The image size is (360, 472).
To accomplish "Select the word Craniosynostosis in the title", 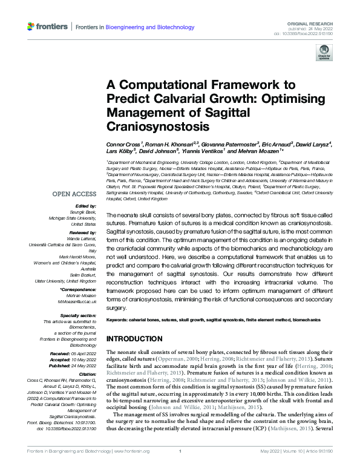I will (x=157, y=128).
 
